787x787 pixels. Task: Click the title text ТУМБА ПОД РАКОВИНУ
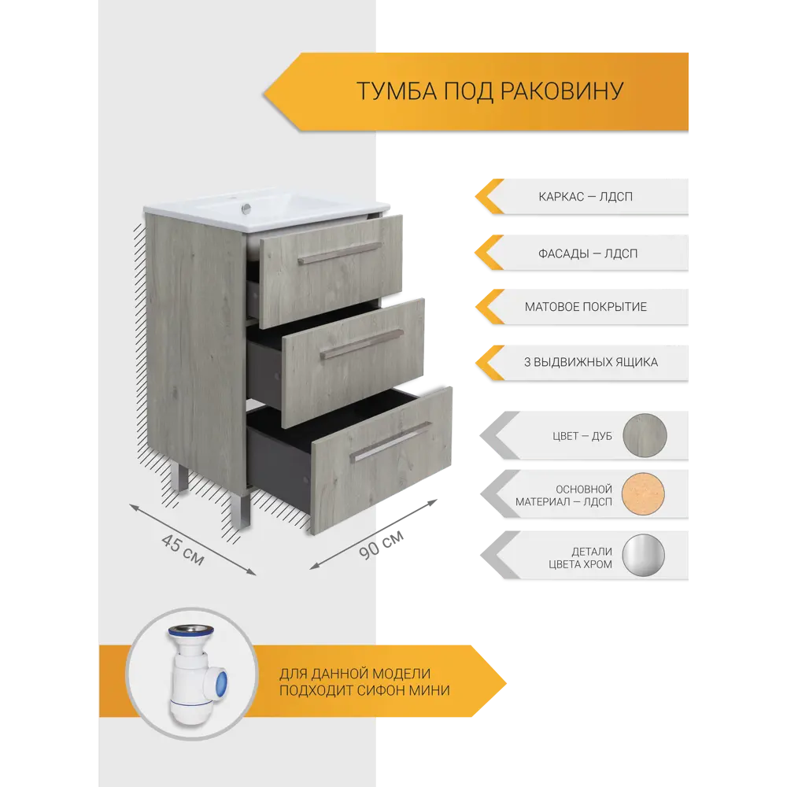(x=490, y=91)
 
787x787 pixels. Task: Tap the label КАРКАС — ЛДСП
(x=586, y=196)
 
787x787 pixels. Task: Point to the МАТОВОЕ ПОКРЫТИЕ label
(x=586, y=306)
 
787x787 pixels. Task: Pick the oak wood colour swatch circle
(x=644, y=434)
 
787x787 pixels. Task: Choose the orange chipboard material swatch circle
(x=644, y=495)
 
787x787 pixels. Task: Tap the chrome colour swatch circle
(x=644, y=556)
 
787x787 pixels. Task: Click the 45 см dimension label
(x=183, y=549)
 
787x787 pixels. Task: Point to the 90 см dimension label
(x=382, y=544)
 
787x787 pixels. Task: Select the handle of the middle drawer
(x=361, y=343)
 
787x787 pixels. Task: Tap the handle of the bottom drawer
(x=390, y=442)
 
